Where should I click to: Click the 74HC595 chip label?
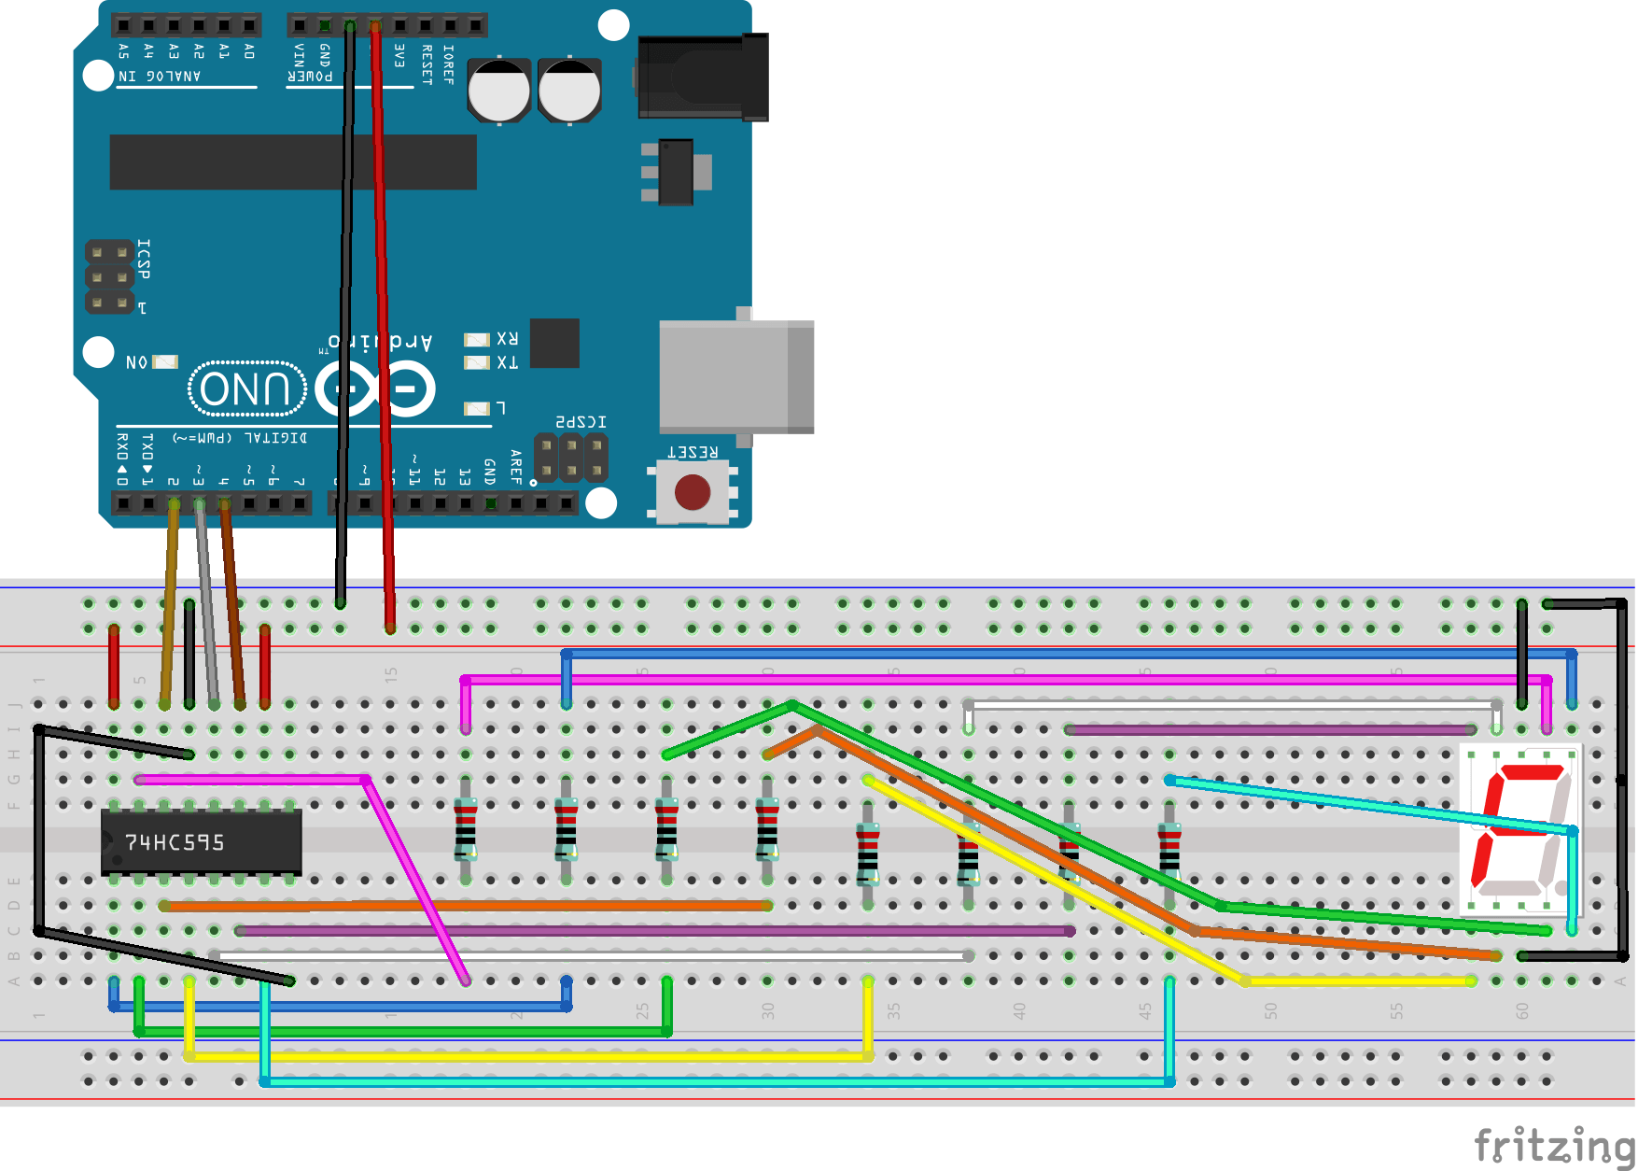point(175,842)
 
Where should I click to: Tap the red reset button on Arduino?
point(693,492)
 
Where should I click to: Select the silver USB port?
point(735,376)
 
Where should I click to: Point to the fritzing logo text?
point(1553,1145)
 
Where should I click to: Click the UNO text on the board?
point(246,388)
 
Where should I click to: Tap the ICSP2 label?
point(581,422)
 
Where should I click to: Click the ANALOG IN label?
point(160,76)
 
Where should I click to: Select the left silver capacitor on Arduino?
point(498,92)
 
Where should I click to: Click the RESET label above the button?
point(692,452)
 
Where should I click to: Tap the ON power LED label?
point(136,362)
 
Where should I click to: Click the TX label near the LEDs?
point(507,362)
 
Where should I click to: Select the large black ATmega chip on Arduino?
point(293,162)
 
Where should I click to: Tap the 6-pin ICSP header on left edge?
point(109,277)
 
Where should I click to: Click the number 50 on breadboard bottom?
point(1270,1011)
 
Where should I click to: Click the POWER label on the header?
point(310,76)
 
